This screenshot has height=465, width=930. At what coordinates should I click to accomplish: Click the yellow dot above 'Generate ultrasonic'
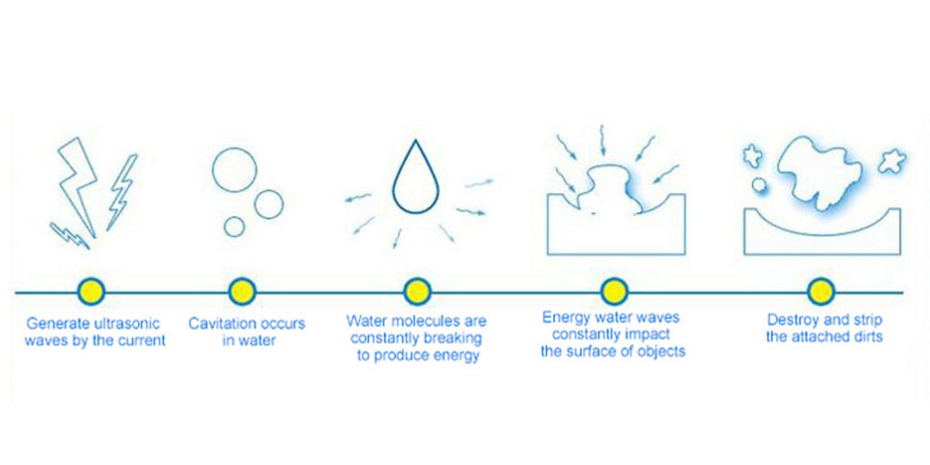[92, 292]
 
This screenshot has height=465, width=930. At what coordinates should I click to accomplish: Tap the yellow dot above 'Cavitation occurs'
[242, 292]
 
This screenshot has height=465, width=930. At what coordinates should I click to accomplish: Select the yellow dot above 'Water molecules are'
[417, 292]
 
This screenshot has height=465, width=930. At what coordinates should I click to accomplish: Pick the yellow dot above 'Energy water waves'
[614, 292]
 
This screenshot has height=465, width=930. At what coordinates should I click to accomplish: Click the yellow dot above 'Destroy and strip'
[821, 292]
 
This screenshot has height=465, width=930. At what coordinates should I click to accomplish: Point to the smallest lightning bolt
[69, 236]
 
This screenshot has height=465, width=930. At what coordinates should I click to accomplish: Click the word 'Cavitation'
[215, 324]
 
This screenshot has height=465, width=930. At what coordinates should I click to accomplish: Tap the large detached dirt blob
[821, 172]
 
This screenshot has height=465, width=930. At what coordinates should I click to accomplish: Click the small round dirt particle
[759, 185]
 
